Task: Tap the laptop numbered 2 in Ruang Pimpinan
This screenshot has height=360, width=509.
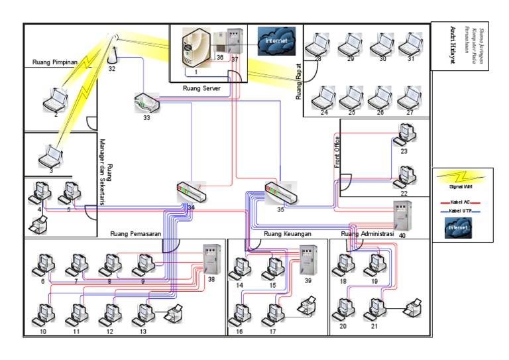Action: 55,100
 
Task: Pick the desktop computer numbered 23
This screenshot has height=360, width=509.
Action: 404,136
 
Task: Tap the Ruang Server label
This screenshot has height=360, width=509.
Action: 206,87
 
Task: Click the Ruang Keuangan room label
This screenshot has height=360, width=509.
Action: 287,233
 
